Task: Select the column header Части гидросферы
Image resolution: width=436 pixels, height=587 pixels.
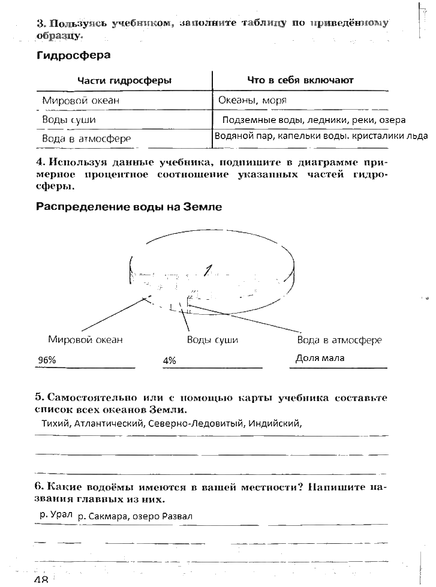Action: click(124, 80)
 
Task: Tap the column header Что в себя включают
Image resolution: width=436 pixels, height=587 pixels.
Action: click(300, 80)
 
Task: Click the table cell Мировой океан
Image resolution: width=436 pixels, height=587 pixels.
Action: click(80, 100)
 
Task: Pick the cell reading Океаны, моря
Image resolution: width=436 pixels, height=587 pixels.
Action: click(252, 100)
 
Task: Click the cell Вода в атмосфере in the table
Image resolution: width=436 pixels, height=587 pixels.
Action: click(86, 139)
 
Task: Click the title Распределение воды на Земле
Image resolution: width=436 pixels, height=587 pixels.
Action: click(129, 207)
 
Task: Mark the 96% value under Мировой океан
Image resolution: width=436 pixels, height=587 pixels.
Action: click(47, 360)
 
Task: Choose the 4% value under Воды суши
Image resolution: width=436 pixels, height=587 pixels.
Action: click(169, 360)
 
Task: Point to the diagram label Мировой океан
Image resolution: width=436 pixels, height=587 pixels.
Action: click(85, 340)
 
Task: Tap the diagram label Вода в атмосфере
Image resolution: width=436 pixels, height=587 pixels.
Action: click(339, 340)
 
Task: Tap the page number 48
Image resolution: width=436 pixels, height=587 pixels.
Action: click(41, 580)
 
